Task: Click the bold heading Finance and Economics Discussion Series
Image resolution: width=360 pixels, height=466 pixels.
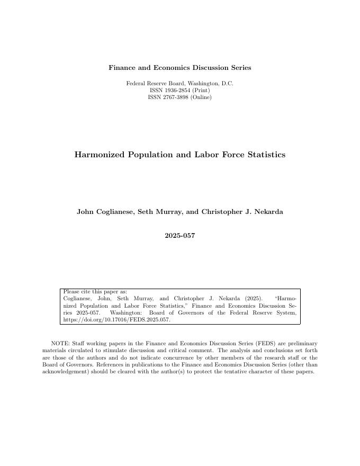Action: point(179,68)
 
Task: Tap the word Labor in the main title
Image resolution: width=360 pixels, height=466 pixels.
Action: point(199,155)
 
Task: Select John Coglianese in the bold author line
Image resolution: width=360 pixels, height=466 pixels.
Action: point(105,212)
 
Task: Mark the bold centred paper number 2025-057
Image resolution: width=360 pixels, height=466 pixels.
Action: point(179,236)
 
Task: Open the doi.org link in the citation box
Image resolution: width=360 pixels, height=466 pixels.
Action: point(116,320)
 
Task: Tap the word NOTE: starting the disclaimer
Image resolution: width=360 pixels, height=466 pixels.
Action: point(60,344)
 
